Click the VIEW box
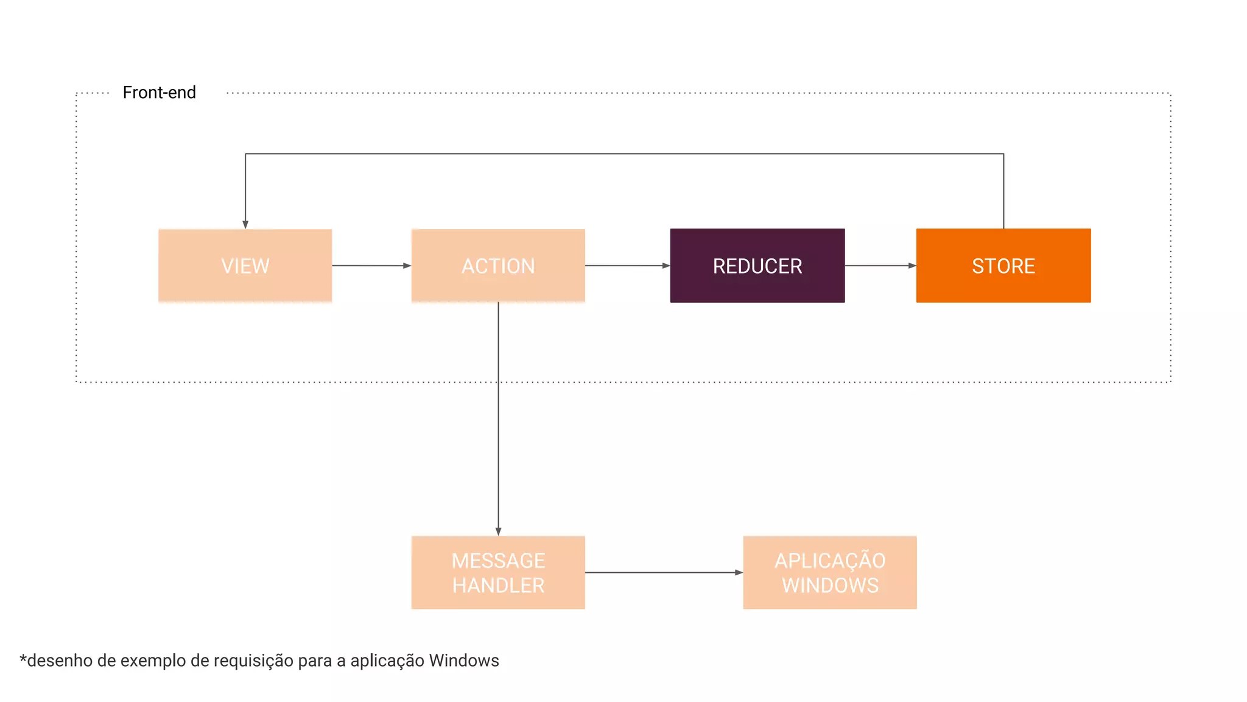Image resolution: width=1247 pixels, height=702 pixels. point(245,266)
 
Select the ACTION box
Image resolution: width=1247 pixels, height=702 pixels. point(498,266)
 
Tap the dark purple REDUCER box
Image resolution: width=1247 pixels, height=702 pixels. point(757,266)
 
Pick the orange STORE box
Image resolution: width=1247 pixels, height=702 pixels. point(1003,266)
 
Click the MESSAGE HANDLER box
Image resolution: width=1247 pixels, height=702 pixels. point(498,572)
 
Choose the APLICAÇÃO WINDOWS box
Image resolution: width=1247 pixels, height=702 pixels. point(829,572)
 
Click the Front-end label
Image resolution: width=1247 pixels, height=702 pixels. point(159,93)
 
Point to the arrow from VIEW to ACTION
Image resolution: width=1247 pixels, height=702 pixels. point(371,266)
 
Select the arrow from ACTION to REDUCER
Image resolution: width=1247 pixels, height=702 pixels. point(627,266)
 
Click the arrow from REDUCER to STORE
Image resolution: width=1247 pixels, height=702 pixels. point(880,266)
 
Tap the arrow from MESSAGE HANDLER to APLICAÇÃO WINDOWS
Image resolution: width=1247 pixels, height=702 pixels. point(664,572)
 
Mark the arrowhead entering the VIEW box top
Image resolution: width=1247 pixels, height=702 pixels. point(245,224)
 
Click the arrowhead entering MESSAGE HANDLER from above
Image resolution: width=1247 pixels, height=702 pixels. point(498,531)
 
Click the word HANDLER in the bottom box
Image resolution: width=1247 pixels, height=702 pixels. point(498,586)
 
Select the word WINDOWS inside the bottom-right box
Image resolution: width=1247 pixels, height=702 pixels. point(830,586)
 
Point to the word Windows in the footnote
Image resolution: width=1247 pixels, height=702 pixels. point(464,661)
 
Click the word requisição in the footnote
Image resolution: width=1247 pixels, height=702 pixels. point(251,661)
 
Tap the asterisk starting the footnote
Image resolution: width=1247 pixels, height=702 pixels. point(23,659)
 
